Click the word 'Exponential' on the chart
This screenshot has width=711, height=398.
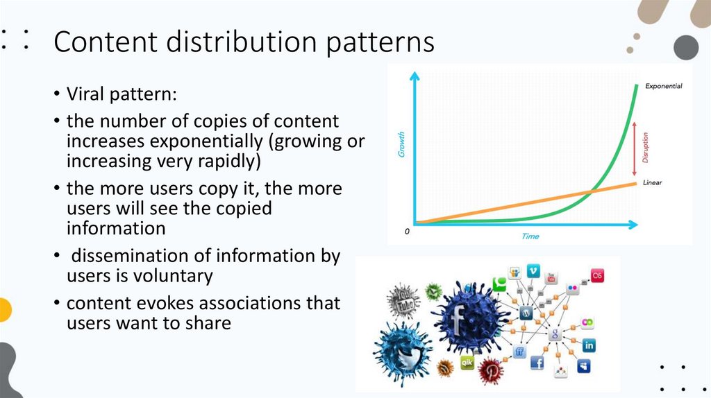(x=663, y=87)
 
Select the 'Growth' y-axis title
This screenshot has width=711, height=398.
(x=401, y=146)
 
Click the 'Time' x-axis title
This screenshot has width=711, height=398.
(x=530, y=236)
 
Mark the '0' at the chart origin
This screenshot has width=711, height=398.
(x=407, y=232)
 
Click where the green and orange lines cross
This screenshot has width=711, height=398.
(x=592, y=193)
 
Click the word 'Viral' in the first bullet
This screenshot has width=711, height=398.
(x=86, y=94)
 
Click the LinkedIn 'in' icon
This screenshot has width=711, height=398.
(x=589, y=345)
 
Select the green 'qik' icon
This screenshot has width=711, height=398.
(x=467, y=361)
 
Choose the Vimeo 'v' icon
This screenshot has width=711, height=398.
(x=533, y=271)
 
